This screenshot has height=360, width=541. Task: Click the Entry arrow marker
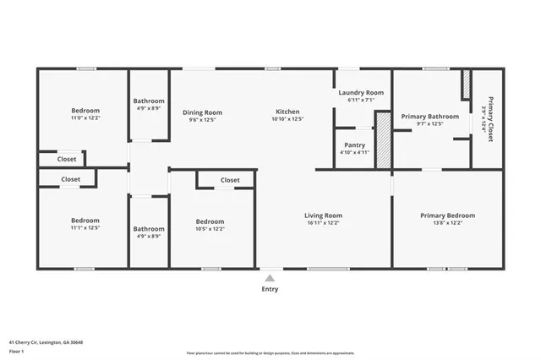click(270, 277)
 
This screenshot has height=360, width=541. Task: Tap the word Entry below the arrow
click(270, 289)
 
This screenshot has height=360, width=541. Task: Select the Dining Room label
click(203, 112)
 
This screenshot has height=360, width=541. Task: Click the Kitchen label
click(287, 112)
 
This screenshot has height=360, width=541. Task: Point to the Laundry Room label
click(361, 92)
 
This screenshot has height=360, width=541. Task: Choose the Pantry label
click(354, 145)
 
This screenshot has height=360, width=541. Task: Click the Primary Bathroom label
click(430, 117)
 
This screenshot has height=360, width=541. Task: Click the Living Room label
click(323, 215)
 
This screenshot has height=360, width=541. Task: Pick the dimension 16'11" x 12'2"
click(323, 223)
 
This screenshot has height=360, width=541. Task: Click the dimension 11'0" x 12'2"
click(85, 118)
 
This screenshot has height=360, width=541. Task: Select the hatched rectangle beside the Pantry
click(383, 140)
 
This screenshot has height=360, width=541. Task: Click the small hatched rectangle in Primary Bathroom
click(465, 85)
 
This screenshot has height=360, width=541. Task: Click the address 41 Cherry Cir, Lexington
click(46, 342)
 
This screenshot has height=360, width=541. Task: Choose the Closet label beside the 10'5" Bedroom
click(230, 180)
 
